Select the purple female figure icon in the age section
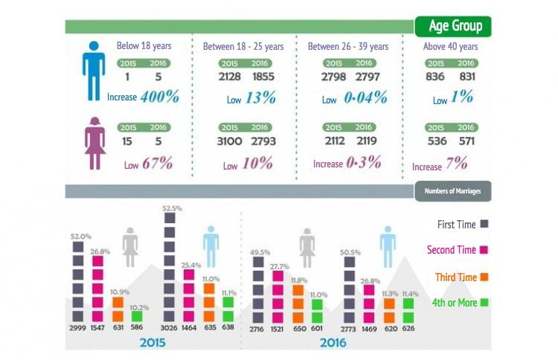point(94,144)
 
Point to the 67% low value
point(157,164)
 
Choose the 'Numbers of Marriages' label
point(453,191)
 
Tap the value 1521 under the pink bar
point(278,327)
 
